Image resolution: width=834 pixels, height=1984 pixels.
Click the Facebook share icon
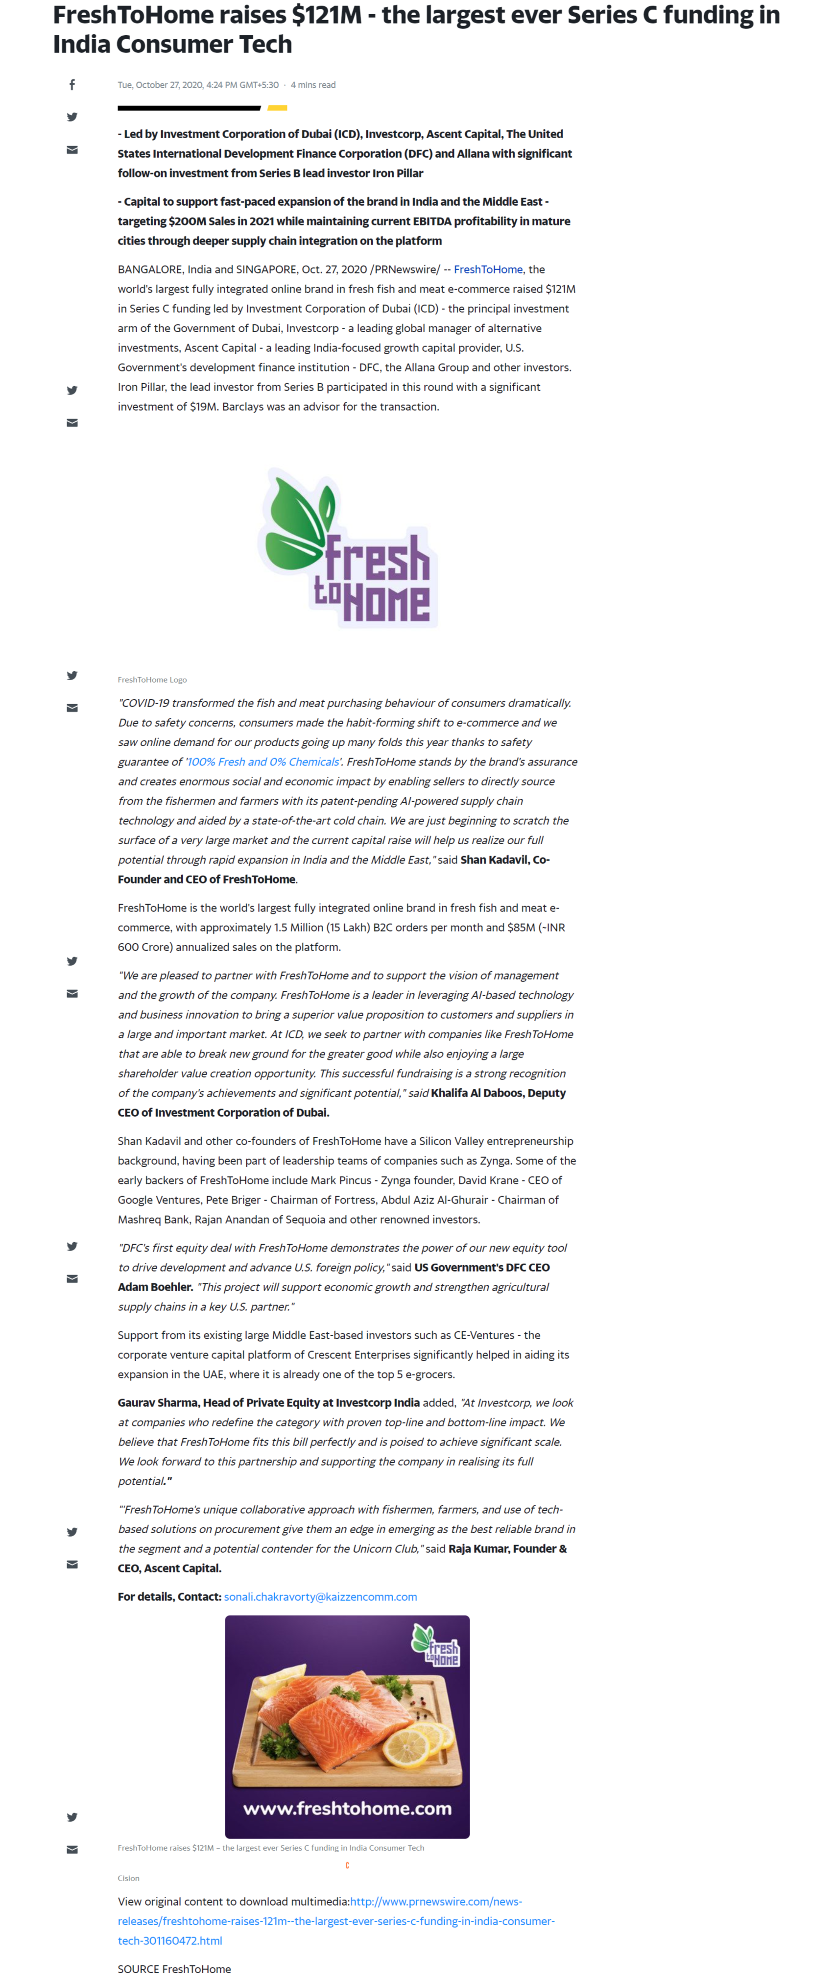coord(71,85)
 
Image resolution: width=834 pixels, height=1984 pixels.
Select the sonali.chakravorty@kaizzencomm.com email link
coord(320,1596)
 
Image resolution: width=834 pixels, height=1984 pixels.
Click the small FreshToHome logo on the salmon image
coord(437,1646)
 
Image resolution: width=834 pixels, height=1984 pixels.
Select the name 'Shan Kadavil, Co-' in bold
coord(504,859)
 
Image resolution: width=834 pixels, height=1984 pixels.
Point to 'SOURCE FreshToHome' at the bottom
coord(174,1969)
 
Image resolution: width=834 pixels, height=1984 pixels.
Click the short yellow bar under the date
coord(277,108)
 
